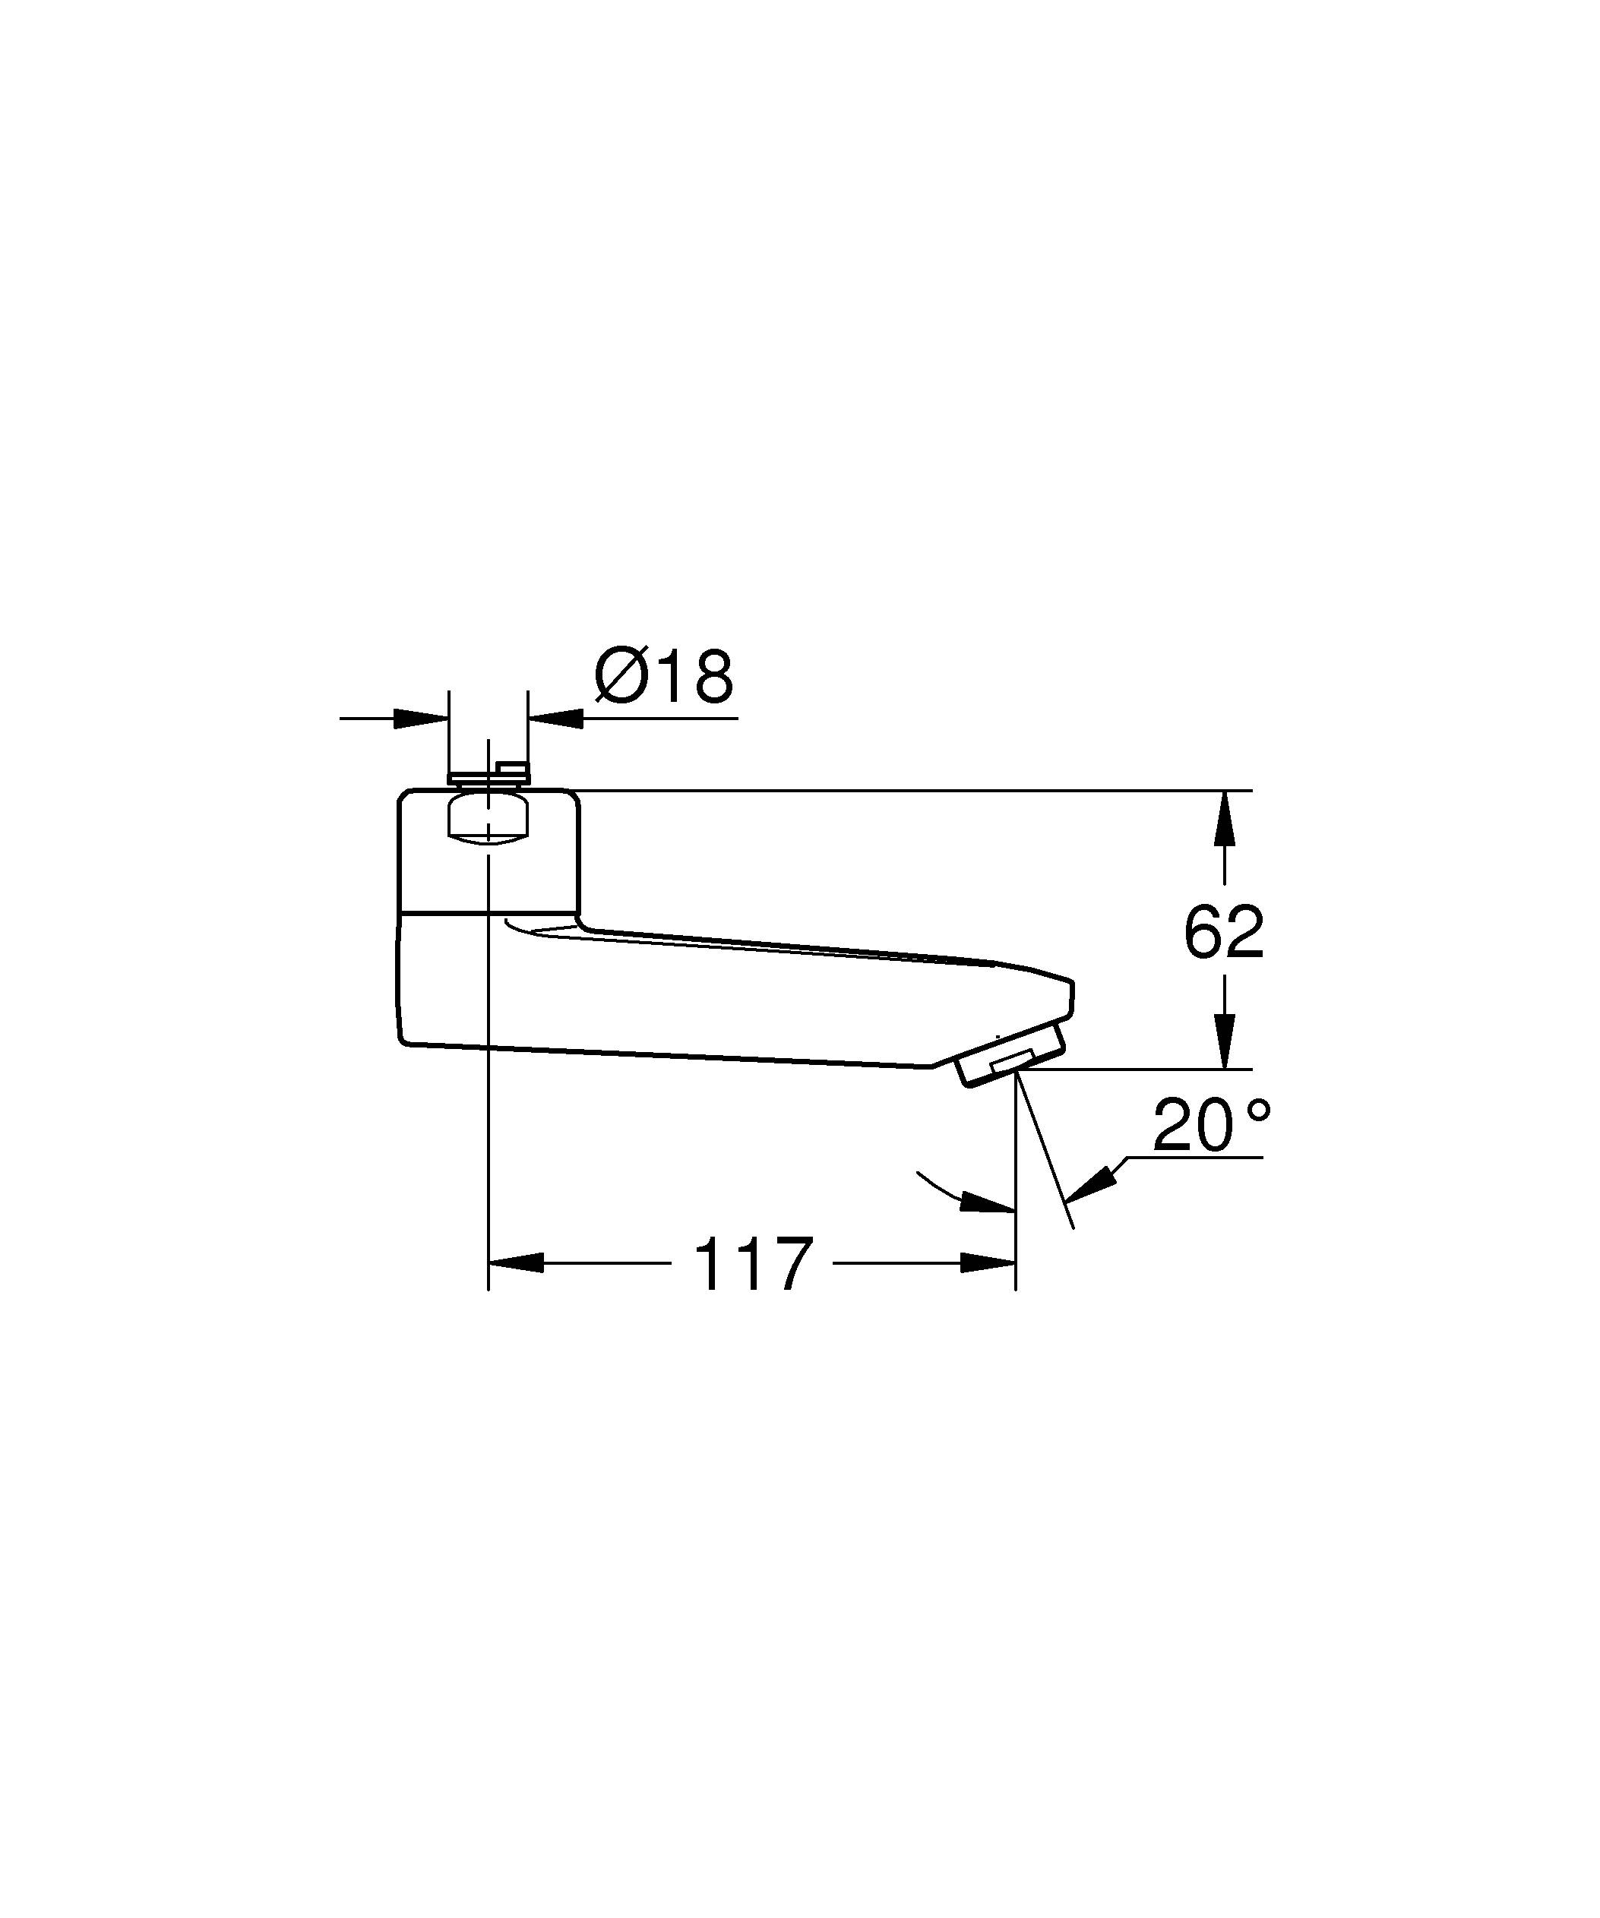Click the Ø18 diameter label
tap(664, 677)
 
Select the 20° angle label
tap(1210, 1126)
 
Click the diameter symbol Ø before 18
tap(622, 677)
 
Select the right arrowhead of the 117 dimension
tap(988, 1264)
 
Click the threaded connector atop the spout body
tap(488, 778)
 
